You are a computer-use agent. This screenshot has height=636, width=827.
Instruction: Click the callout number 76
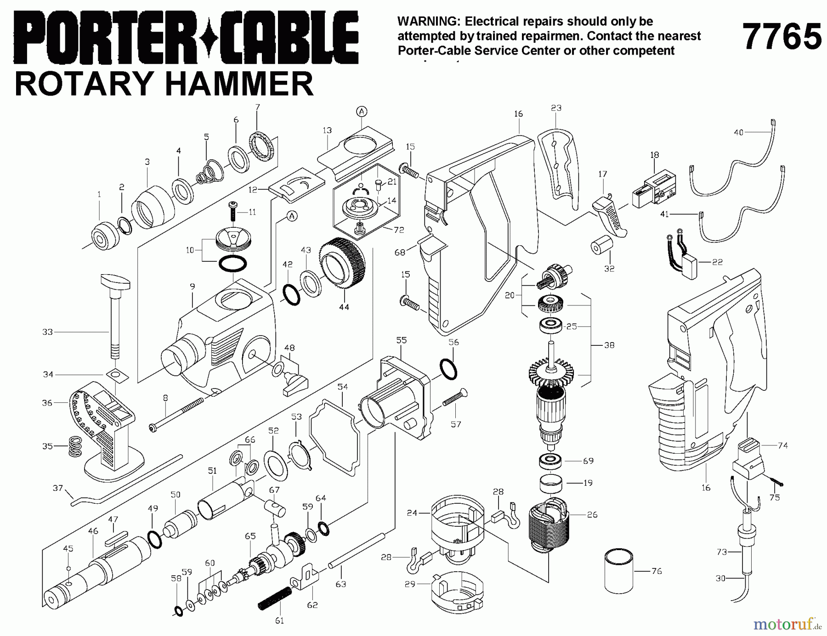point(657,571)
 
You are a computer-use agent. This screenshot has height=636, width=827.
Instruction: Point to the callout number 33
point(47,332)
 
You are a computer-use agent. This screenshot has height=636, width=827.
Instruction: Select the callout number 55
point(401,340)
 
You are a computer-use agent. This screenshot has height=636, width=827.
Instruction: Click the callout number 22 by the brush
point(717,262)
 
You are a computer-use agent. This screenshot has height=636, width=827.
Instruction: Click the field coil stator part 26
point(549,526)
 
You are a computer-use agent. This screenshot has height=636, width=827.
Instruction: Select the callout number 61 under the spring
point(279,621)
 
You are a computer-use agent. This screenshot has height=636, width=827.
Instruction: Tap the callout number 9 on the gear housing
point(192,287)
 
